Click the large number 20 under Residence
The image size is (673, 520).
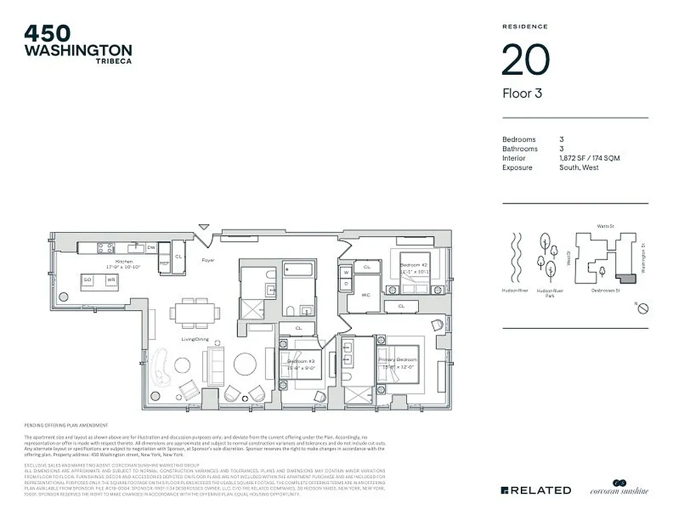coord(525,60)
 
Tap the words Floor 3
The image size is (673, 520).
coord(522,94)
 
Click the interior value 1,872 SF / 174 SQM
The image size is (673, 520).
coord(589,158)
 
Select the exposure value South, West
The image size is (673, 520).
coord(579,168)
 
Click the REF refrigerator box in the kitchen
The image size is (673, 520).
coord(165,263)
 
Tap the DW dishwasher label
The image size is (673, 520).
coord(151,248)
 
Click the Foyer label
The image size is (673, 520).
coord(208,260)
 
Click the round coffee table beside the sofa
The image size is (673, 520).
coord(246,363)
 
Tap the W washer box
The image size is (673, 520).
coord(347,272)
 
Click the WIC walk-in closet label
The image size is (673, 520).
coord(366,294)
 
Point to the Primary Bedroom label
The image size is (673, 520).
coord(397,359)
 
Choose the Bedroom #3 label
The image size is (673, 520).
coord(301,361)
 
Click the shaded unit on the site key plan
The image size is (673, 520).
coord(627,279)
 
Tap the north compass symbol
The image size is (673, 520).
coord(642,307)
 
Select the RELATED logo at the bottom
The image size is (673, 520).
coord(536,490)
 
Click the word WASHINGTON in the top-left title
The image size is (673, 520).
coord(78,50)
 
